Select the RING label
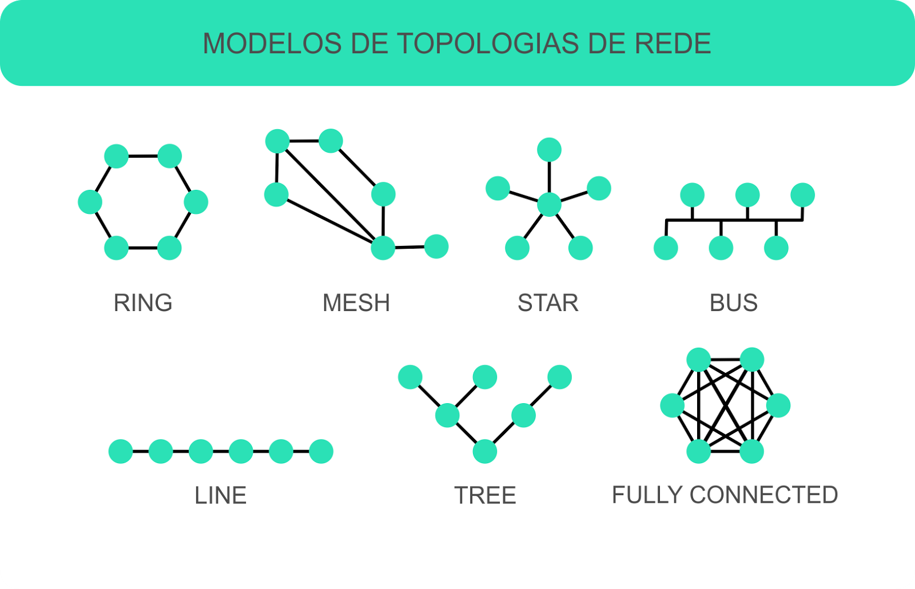click(143, 303)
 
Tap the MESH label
click(356, 303)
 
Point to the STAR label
click(548, 303)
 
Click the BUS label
click(734, 303)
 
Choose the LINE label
click(221, 495)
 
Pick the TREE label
click(485, 495)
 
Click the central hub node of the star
click(549, 204)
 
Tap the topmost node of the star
click(549, 150)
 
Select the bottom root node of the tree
click(485, 452)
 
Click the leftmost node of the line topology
click(121, 451)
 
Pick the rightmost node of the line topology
click(321, 451)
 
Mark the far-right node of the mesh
click(436, 246)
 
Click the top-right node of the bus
click(802, 195)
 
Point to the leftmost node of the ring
click(90, 202)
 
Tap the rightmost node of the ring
click(196, 202)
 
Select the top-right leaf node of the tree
click(559, 377)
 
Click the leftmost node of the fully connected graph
click(673, 405)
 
